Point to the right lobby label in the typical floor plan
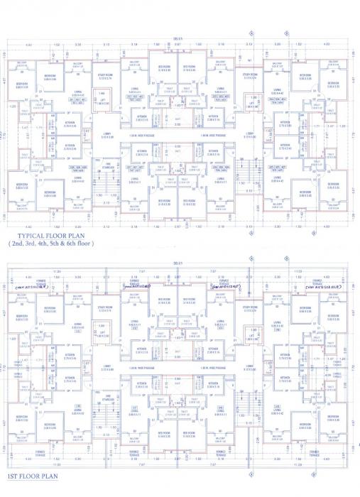250,134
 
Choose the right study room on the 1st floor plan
250,310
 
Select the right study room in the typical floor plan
250,75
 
